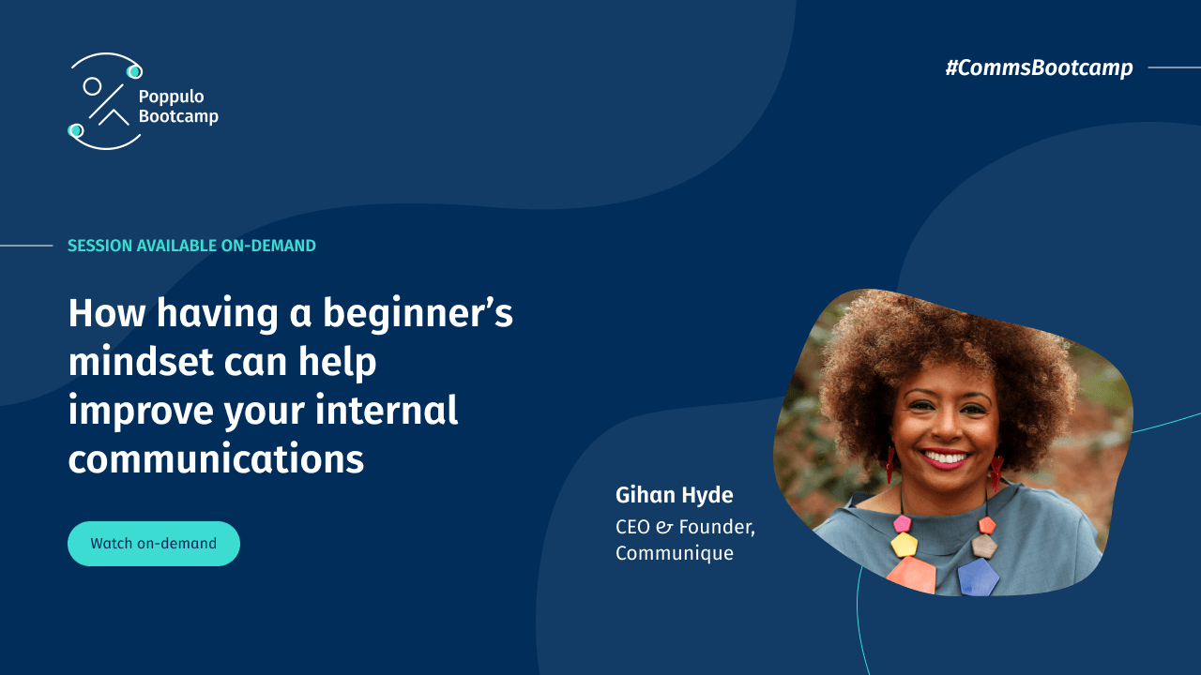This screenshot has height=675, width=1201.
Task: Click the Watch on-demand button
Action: pos(153,544)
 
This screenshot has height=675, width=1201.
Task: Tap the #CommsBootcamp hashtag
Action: pos(1039,67)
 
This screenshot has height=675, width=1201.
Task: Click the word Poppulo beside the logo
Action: pos(171,97)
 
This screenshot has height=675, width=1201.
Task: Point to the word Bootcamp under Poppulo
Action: pos(178,116)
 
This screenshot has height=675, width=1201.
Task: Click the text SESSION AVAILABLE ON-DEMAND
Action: pos(191,246)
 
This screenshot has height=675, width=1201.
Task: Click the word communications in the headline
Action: pos(216,459)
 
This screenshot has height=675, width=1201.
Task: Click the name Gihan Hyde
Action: pos(674,495)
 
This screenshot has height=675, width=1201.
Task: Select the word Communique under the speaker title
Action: pos(674,553)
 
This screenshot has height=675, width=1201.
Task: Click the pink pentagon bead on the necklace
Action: pos(903,523)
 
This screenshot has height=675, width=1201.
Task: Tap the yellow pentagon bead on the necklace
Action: pos(904,545)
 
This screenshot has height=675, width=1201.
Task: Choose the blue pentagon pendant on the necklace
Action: pos(978,577)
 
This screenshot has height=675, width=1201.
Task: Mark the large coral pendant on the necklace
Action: pos(912,575)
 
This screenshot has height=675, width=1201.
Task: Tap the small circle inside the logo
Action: pos(92,86)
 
